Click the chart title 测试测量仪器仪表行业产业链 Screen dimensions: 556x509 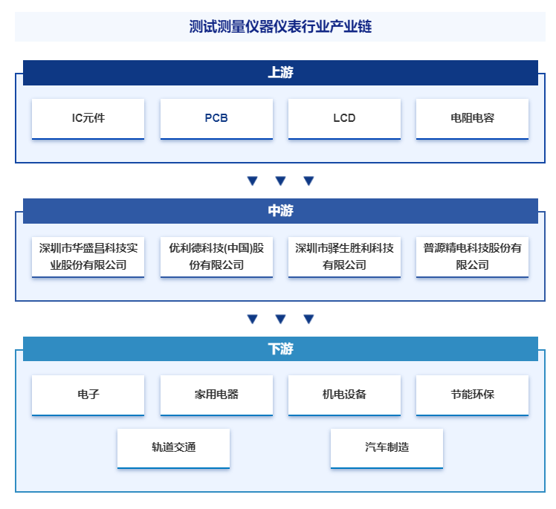[x=280, y=27]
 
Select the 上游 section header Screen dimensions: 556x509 [x=280, y=73]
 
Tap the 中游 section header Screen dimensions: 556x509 [x=280, y=211]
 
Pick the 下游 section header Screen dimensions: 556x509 [x=280, y=348]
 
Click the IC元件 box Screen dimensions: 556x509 [x=88, y=119]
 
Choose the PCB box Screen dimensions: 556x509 [x=216, y=119]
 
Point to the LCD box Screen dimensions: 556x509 [x=344, y=119]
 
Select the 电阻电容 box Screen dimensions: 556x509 [x=472, y=119]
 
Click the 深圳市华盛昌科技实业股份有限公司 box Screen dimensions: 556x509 [x=88, y=257]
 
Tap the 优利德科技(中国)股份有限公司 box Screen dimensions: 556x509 [x=216, y=257]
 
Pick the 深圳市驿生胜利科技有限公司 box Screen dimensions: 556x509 [x=344, y=257]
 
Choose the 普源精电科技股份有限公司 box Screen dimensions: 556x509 [x=472, y=257]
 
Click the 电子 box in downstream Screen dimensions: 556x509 [x=88, y=395]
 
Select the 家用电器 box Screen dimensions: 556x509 [x=216, y=395]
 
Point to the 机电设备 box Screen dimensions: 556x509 [x=344, y=395]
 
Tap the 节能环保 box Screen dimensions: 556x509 [x=472, y=395]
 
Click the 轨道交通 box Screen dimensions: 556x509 [x=173, y=448]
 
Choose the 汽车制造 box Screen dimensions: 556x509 [x=387, y=448]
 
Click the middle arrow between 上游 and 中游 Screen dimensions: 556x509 [x=280, y=181]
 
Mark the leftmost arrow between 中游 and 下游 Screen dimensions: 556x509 [x=252, y=319]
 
